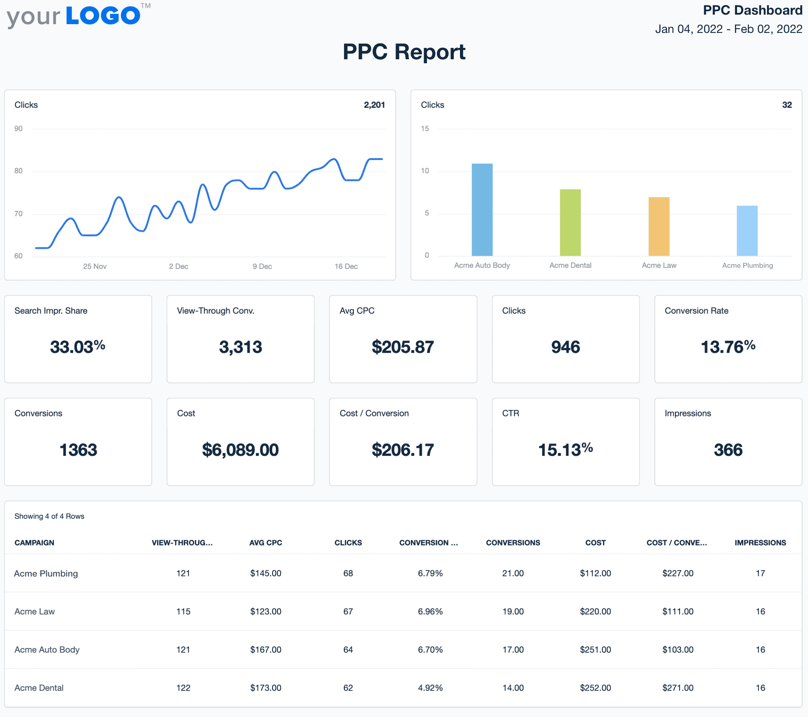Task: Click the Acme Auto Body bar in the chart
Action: (482, 210)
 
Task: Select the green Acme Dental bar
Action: (570, 222)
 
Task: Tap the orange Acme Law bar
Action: (659, 226)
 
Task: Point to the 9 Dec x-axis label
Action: (262, 266)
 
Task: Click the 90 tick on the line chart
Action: (18, 128)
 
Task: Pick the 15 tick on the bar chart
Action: (424, 128)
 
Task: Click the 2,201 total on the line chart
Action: (374, 105)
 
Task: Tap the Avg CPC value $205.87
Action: (403, 347)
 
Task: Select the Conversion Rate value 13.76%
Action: (728, 347)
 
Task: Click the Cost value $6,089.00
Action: (240, 450)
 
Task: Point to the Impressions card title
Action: (688, 413)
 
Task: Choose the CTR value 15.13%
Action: (565, 450)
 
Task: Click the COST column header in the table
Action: (595, 543)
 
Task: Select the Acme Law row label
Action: (35, 612)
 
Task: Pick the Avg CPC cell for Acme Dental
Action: (266, 688)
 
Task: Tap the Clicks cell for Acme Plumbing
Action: (348, 573)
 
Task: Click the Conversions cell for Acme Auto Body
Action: (513, 649)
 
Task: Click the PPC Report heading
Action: (404, 52)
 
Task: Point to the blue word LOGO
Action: (103, 16)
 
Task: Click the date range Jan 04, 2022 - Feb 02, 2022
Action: (728, 29)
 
